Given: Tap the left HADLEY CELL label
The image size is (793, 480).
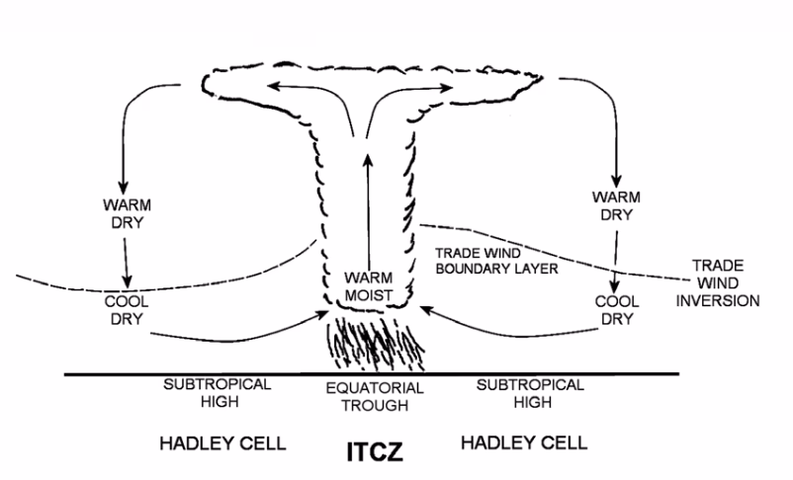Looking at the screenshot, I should pos(222,441).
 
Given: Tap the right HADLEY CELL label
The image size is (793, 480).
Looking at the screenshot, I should pos(523,441).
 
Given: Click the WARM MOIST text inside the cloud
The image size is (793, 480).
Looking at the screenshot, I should pos(371,285).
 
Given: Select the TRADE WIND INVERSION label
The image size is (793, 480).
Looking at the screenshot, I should pos(725,281).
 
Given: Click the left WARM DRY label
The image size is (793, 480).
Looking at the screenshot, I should pos(124,215).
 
